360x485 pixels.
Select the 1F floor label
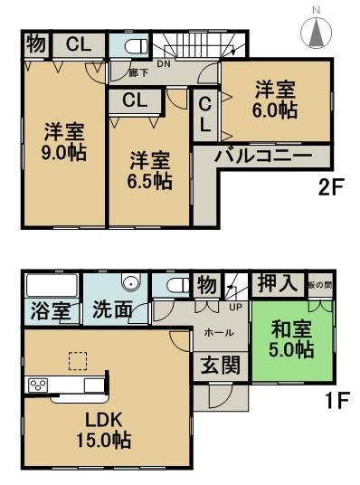337,399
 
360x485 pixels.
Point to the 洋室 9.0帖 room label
64,140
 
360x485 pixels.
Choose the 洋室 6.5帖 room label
149,170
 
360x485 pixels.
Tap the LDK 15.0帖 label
108,429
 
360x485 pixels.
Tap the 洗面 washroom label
113,310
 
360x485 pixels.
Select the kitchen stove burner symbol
38,385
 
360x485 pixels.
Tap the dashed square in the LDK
78,360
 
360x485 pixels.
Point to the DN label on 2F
164,63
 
